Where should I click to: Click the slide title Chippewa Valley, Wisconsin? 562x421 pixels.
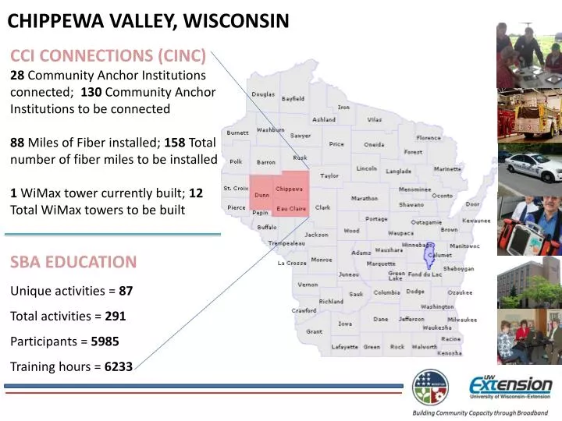point(148,21)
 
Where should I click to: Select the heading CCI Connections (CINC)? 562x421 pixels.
point(108,55)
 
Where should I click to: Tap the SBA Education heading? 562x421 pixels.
point(73,261)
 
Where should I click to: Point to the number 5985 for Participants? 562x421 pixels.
point(105,341)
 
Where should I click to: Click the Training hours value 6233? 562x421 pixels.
point(119,366)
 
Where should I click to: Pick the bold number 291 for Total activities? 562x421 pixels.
point(116,317)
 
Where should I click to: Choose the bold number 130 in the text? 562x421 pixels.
point(91,92)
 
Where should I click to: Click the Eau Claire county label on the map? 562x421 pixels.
point(292,209)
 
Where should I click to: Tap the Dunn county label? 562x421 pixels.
point(262,196)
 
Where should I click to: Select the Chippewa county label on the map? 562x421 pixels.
point(290,189)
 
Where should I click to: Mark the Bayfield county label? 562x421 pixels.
point(293,99)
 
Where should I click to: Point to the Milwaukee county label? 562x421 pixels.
point(462,320)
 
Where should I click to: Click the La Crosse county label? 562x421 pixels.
point(292,263)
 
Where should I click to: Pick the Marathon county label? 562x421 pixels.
point(365,198)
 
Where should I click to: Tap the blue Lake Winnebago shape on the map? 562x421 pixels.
point(428,255)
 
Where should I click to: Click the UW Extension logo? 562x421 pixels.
point(510,387)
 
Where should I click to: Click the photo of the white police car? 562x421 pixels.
point(529,165)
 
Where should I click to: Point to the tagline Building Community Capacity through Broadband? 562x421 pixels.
point(480,412)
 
